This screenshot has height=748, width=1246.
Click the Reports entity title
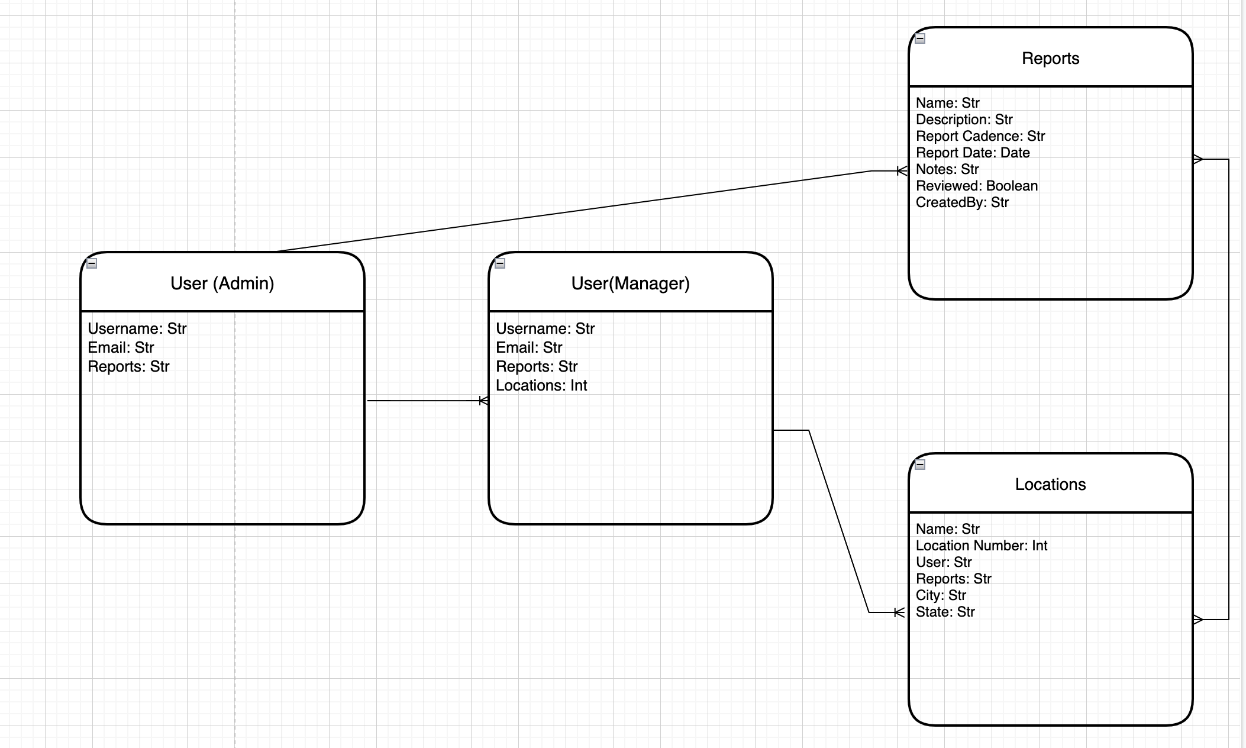point(1050,59)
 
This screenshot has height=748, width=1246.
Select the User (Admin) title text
point(222,283)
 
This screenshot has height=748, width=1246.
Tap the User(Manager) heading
point(630,283)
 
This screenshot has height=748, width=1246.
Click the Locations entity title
point(1050,485)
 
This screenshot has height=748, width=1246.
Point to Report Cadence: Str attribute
point(980,136)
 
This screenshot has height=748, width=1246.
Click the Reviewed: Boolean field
point(976,186)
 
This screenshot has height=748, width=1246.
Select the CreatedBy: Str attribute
point(962,202)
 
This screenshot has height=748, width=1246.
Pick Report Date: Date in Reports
point(973,153)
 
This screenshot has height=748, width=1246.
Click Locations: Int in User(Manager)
point(541,386)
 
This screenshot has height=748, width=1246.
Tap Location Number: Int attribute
point(981,546)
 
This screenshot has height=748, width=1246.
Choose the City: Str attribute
point(941,595)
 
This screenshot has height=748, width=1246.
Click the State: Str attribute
point(945,612)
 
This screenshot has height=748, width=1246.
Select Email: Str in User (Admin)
point(121,347)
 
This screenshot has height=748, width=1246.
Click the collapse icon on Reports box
point(920,38)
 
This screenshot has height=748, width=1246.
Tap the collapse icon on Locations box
point(920,465)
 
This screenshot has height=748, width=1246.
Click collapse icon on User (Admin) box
point(92,263)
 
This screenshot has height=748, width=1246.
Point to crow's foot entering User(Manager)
point(483,401)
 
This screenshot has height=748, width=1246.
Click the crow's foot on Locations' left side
point(899,612)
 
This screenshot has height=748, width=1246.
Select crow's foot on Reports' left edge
point(902,171)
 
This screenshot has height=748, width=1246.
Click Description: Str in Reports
point(964,120)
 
